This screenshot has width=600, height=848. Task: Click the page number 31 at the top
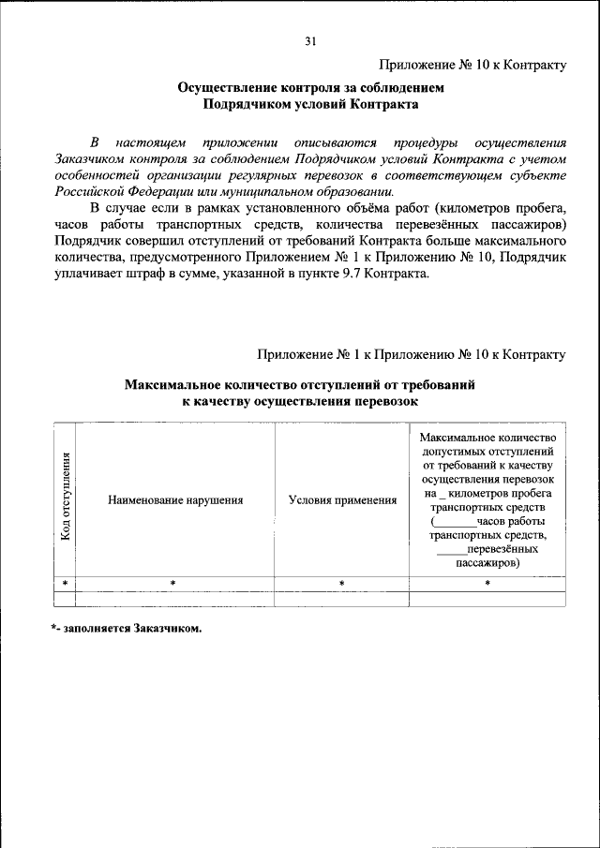click(x=311, y=40)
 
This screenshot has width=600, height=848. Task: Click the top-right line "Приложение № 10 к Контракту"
click(x=472, y=65)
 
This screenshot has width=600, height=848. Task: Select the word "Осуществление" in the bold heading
click(x=225, y=88)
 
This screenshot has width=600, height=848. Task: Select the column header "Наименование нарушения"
click(x=175, y=500)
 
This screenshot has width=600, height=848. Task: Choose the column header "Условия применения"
click(x=342, y=500)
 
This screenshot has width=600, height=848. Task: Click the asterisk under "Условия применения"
click(x=342, y=584)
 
